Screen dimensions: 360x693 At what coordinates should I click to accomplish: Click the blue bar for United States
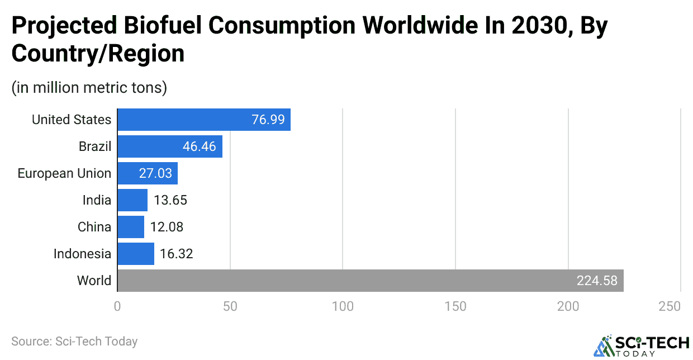pos(204,120)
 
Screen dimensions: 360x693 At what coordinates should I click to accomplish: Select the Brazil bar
pos(170,146)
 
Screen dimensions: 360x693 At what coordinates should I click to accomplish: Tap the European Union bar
pos(148,173)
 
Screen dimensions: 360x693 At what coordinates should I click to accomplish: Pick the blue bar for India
pos(132,200)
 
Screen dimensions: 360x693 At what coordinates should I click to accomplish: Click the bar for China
pos(131,227)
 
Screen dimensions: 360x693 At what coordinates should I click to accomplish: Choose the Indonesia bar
pos(136,254)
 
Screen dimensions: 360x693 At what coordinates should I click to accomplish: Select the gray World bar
pos(370,281)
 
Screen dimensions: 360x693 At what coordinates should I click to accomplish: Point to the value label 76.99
pos(268,120)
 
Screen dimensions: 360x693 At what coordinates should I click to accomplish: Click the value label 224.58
pos(597,281)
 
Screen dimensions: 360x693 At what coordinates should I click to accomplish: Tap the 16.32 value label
pos(176,254)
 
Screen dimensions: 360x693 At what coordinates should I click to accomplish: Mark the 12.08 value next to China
pos(167,227)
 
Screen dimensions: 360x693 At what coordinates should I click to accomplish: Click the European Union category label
pos(64,173)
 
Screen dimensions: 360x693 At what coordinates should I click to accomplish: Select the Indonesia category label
pos(82,254)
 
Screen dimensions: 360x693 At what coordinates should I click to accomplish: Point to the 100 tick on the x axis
pos(343,306)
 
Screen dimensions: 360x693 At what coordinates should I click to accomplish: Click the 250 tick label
pos(670,306)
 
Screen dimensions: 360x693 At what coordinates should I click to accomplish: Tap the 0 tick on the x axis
pos(117,306)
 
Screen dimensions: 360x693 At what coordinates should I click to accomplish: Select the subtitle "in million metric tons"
pos(89,88)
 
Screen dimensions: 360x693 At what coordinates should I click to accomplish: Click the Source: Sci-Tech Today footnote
pos(74,341)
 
